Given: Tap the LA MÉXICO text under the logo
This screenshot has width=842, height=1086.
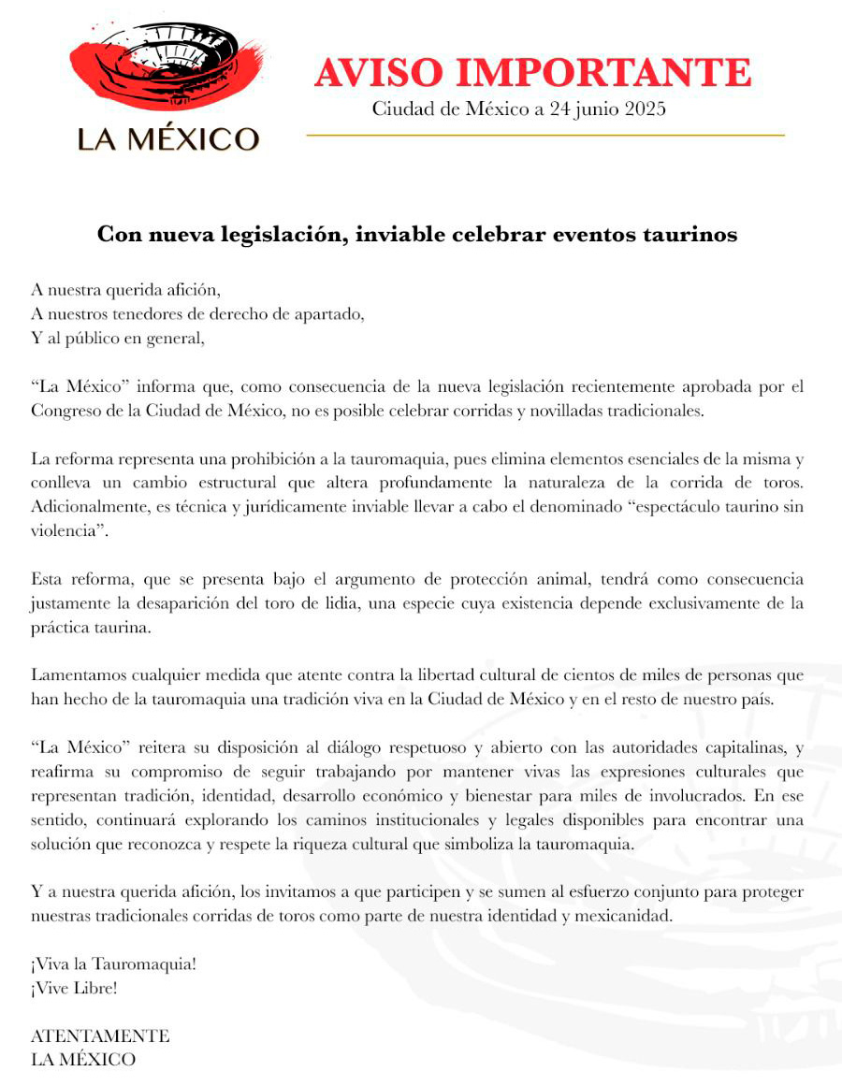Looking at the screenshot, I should (167, 139).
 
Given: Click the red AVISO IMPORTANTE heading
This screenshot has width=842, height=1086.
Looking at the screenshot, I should (532, 73).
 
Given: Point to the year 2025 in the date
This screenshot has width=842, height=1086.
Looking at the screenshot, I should (643, 109).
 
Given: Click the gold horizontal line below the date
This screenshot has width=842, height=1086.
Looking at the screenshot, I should (545, 136).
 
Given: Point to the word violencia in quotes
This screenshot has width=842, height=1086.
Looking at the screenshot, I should (68, 530).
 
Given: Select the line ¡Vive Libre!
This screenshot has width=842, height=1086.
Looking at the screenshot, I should (74, 988).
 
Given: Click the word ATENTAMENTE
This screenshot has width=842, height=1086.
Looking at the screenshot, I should (100, 1036).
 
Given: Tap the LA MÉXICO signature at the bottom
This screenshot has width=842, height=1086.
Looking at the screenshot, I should (83, 1060).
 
